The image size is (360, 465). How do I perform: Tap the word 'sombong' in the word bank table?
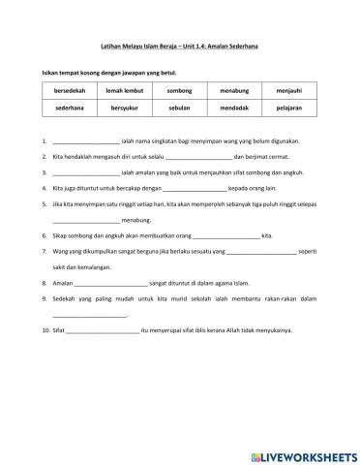[180, 90]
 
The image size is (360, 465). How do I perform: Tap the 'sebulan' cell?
[180, 109]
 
